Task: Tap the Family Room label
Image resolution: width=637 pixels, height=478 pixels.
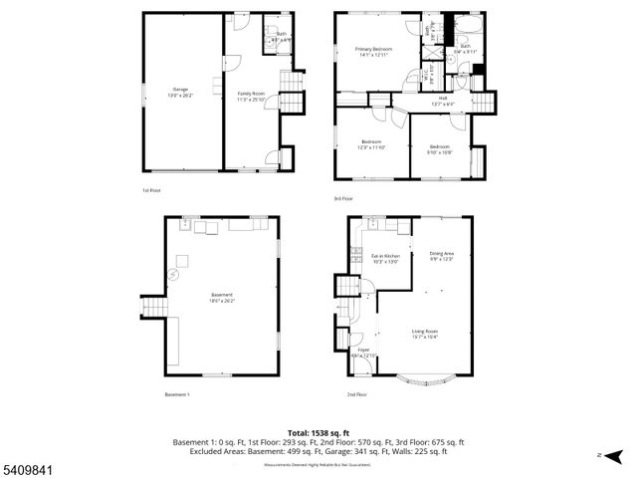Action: tap(251, 97)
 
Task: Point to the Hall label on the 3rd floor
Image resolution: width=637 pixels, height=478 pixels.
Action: tap(443, 100)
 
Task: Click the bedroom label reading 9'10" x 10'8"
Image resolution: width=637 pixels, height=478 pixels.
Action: tap(440, 149)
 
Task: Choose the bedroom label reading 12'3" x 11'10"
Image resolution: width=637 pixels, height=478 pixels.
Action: tap(372, 144)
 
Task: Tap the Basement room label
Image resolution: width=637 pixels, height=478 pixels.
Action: tap(221, 297)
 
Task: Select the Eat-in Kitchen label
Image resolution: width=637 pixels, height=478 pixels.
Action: tap(385, 259)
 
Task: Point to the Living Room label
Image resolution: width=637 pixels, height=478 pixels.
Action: tap(426, 334)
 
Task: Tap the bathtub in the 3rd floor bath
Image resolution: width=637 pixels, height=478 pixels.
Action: tap(466, 23)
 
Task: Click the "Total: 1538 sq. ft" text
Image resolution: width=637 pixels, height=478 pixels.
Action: tap(318, 432)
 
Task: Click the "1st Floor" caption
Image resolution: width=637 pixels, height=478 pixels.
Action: tap(150, 189)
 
